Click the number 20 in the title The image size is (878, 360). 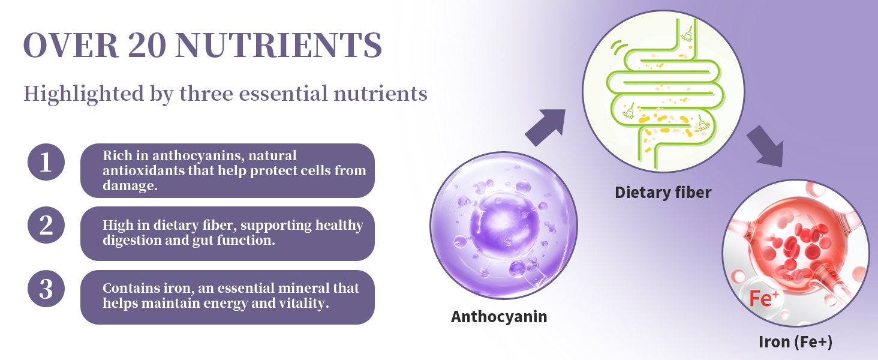click(x=146, y=45)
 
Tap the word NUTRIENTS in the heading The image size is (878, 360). click(x=279, y=45)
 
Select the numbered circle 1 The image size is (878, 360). click(x=46, y=162)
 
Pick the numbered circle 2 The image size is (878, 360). click(x=46, y=225)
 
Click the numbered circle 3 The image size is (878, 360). click(x=46, y=289)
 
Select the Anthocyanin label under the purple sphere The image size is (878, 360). click(x=499, y=317)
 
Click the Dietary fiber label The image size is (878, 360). click(x=663, y=193)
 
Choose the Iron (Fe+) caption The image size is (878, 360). click(x=795, y=342)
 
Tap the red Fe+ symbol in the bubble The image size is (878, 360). click(x=763, y=299)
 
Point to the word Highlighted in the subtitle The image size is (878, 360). click(x=83, y=94)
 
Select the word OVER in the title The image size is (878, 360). click(x=71, y=45)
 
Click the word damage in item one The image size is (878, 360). click(x=130, y=185)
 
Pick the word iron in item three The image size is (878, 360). click(x=178, y=288)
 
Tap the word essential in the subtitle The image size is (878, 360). click(x=284, y=94)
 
